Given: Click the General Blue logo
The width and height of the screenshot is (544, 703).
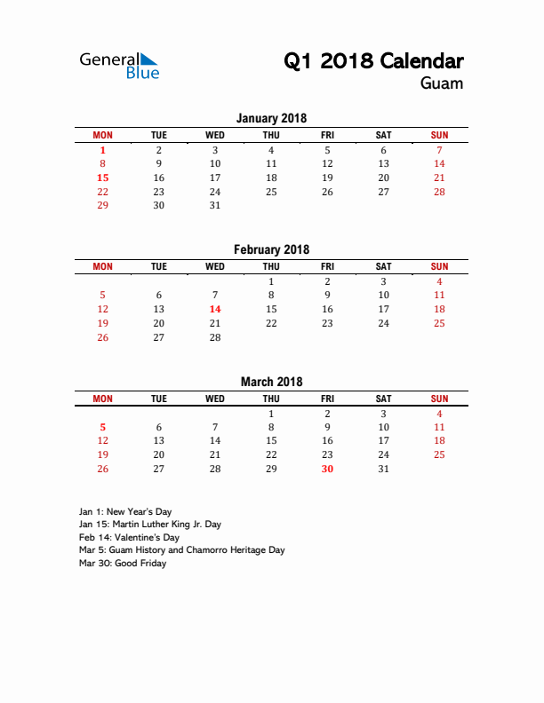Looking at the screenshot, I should click(119, 65).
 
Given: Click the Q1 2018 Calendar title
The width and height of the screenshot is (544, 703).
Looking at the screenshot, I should click(373, 61).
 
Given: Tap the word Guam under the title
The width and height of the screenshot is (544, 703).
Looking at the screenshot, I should click(441, 83).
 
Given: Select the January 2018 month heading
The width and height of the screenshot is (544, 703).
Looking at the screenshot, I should click(271, 118).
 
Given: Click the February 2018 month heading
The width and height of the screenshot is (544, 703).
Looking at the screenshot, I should click(271, 249).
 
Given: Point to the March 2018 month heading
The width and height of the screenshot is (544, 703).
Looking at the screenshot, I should click(271, 382).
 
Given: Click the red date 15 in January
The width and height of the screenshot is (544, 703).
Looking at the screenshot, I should click(103, 178).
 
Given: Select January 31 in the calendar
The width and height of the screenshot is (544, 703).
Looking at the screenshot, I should click(215, 205).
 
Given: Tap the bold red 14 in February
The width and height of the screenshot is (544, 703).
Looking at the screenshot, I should click(215, 309).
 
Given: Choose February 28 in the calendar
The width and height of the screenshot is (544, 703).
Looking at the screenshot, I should click(215, 337).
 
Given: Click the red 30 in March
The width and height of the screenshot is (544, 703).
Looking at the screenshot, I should click(327, 469).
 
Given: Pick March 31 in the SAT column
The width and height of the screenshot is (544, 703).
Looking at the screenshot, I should click(383, 469).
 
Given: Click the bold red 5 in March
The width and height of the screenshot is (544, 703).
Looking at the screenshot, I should click(103, 427).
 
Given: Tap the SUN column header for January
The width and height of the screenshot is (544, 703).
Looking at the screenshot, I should click(439, 135).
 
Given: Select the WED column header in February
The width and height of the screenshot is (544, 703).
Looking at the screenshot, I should click(215, 266).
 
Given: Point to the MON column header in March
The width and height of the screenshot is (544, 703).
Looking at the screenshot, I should click(103, 399).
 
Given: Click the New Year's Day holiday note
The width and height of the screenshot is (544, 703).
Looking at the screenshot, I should click(125, 512).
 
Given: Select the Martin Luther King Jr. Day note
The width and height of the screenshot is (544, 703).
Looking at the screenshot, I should click(150, 525).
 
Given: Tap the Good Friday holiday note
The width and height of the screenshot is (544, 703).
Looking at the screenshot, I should click(123, 564).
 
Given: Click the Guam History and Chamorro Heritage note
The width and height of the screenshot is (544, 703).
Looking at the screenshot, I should click(182, 550).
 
